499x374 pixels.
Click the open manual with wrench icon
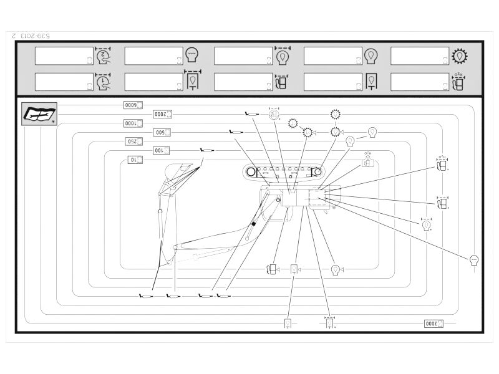[x=37, y=114]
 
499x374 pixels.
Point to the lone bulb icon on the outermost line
[x=474, y=260]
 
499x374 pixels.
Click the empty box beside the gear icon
[x=420, y=55]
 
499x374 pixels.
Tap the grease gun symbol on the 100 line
[x=206, y=150]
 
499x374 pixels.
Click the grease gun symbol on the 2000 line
[x=251, y=113]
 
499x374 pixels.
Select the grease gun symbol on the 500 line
[x=236, y=132]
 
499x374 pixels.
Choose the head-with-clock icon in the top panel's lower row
[x=103, y=82]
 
